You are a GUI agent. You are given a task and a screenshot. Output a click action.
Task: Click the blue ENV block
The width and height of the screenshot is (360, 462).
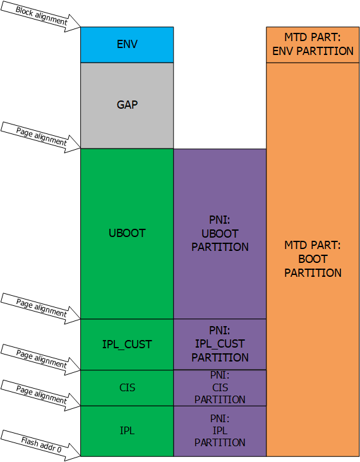127,45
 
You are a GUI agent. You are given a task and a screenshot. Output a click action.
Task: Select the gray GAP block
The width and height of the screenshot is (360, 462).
127,106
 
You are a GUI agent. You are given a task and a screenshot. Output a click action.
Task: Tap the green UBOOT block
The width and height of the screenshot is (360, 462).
127,234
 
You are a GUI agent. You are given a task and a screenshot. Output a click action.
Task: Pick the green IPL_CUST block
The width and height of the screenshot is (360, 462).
127,344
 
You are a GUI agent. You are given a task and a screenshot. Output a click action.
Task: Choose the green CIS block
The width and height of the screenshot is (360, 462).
127,388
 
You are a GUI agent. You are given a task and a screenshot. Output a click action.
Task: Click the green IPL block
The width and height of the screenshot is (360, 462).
127,431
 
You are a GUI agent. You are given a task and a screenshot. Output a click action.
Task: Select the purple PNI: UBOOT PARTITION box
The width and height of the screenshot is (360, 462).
220,234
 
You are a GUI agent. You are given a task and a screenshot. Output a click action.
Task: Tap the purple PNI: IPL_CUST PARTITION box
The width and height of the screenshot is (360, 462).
220,344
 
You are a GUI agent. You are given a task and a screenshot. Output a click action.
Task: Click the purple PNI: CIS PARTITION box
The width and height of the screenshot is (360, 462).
220,388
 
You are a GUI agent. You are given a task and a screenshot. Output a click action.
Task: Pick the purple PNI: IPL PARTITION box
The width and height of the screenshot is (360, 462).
220,431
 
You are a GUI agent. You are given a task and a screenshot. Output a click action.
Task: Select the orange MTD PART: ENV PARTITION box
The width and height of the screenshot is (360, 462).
313,45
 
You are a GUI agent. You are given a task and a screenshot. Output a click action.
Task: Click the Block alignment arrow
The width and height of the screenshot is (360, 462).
40,16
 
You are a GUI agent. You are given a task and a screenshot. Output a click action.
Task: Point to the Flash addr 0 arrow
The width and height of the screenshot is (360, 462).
40,445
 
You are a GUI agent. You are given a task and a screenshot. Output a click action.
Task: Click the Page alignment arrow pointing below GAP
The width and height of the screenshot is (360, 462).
40,137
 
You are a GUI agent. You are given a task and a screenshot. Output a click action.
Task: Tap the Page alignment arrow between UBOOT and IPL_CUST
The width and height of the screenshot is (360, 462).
40,308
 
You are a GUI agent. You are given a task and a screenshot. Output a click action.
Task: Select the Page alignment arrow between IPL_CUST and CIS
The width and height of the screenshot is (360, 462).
40,359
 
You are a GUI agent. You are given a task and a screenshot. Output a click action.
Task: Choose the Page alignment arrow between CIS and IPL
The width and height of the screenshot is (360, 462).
40,395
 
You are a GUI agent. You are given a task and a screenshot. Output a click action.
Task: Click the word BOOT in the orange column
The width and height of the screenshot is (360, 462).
313,259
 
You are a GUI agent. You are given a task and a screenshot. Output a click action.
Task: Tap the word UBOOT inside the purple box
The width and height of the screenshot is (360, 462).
220,234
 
